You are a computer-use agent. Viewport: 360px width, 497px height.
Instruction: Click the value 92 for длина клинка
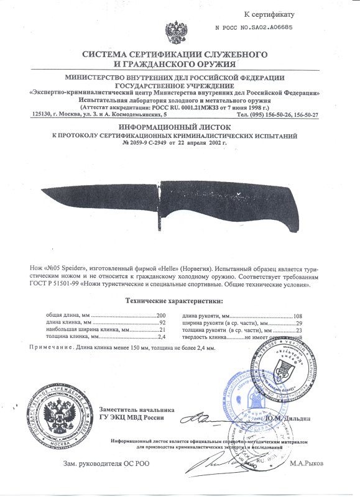(x=163, y=323)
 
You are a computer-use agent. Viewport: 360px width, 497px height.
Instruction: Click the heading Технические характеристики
(x=173, y=301)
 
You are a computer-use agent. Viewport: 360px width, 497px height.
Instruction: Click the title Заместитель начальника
(x=137, y=409)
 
